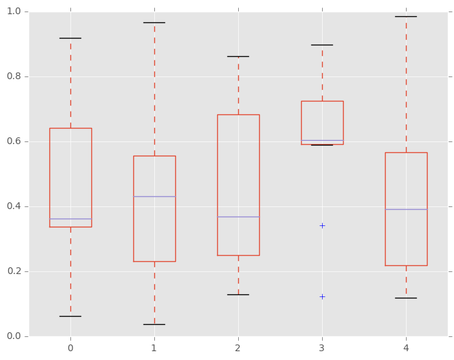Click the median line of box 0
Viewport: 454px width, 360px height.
tap(70, 219)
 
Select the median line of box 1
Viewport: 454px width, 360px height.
tap(154, 196)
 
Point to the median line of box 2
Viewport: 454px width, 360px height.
tap(238, 217)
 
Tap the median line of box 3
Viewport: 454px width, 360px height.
tap(322, 140)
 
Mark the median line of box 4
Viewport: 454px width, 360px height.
tap(406, 209)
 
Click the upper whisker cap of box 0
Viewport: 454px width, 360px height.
tap(70, 38)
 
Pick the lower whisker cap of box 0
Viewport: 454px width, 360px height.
tap(70, 316)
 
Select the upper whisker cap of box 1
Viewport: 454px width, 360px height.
tap(154, 22)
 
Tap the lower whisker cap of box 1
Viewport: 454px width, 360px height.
tap(154, 324)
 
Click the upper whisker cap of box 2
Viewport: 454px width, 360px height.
tap(238, 56)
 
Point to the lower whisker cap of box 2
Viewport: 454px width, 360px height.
tap(238, 294)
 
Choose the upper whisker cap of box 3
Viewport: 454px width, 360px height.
tap(322, 45)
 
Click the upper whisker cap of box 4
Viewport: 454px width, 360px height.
tap(406, 16)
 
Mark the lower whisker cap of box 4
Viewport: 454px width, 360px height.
tap(406, 298)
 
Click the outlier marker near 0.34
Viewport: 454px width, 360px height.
tap(322, 225)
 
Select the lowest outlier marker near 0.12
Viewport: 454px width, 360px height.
tap(322, 296)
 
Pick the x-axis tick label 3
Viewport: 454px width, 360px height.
tap(322, 348)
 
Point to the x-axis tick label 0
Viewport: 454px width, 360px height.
tap(70, 348)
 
